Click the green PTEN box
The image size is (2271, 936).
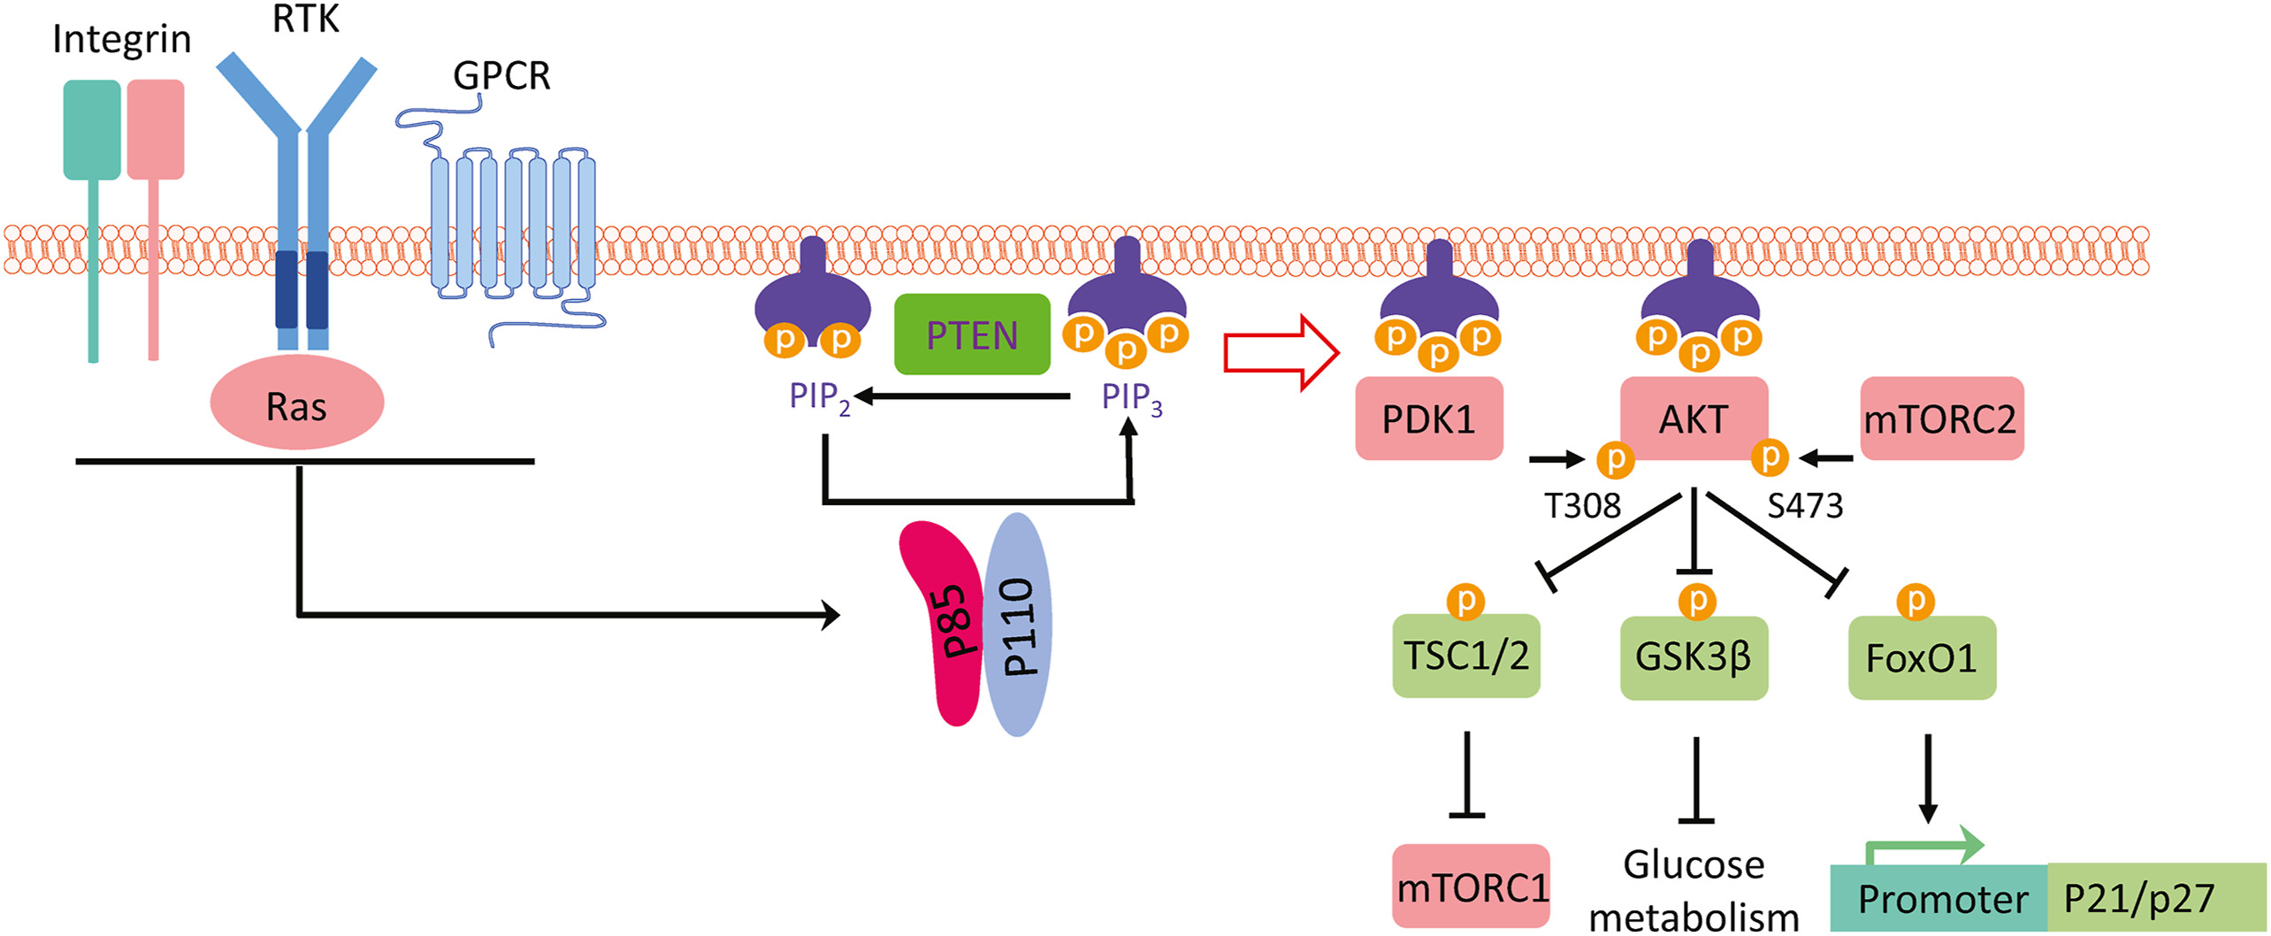coord(972,334)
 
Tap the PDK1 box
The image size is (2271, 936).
coord(1428,418)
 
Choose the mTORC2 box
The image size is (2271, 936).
coord(1941,418)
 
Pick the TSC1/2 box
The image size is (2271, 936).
coord(1465,656)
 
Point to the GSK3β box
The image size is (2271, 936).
coord(1693,657)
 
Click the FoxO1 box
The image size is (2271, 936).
coord(1921,658)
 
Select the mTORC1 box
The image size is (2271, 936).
coord(1471,886)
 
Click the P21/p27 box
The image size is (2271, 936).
coord(2156,899)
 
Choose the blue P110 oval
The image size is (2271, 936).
coord(1019,625)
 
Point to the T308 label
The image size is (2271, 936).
coord(1582,506)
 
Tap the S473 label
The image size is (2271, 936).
coord(1805,506)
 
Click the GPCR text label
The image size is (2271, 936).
coord(501,76)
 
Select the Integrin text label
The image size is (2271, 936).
coord(121,40)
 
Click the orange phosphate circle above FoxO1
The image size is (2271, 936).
coord(1915,602)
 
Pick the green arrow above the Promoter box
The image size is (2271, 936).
coord(1928,845)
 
